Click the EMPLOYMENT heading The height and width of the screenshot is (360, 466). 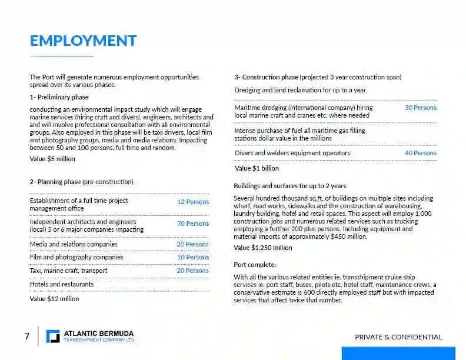83,41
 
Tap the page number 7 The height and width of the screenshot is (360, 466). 27,336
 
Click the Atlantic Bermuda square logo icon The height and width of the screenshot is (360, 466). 53,336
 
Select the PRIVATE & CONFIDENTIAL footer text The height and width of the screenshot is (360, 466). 398,337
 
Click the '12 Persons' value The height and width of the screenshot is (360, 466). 193,202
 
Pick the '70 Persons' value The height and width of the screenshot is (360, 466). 193,224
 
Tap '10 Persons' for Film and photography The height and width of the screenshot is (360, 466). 193,257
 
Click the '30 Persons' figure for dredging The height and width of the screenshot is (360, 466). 420,108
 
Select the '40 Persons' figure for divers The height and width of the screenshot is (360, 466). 420,153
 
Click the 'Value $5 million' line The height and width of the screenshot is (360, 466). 52,159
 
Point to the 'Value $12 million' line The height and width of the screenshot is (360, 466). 54,299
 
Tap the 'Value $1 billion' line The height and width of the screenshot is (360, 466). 257,168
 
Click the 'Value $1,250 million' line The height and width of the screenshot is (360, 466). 263,248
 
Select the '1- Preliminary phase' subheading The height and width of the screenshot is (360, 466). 59,97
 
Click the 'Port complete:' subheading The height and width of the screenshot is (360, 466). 255,265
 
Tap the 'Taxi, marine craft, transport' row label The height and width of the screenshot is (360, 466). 68,271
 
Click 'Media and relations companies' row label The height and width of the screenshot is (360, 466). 74,244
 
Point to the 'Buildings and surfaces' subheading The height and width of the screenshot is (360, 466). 289,186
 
